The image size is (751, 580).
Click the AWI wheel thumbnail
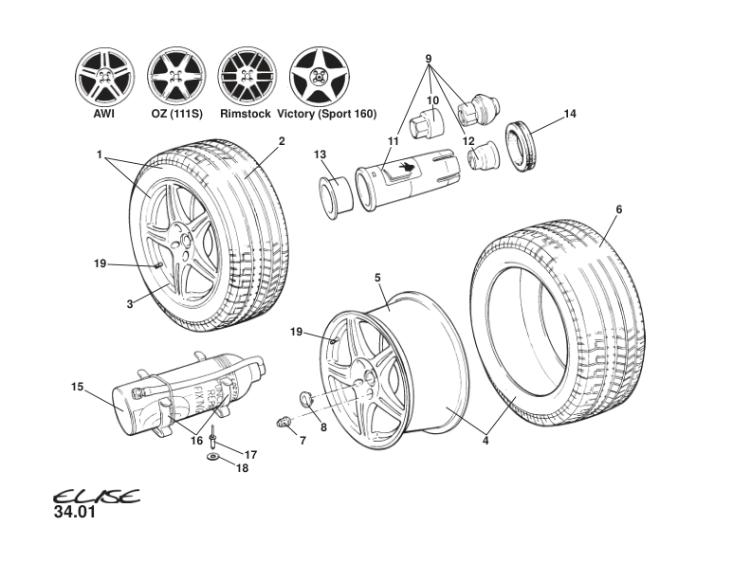(x=103, y=75)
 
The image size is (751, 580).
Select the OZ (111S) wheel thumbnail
(x=176, y=75)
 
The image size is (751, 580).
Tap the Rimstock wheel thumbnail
(x=247, y=75)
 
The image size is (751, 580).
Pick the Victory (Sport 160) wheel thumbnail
(x=319, y=75)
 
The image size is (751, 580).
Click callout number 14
(x=570, y=115)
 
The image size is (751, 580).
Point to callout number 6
(x=618, y=209)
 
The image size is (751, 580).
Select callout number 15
(x=78, y=386)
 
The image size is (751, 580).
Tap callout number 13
(x=320, y=154)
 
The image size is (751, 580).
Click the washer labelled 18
(x=212, y=456)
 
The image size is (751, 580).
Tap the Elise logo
(x=95, y=498)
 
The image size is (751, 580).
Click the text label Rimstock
(x=245, y=114)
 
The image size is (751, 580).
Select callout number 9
(x=429, y=59)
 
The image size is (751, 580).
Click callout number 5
(x=377, y=278)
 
